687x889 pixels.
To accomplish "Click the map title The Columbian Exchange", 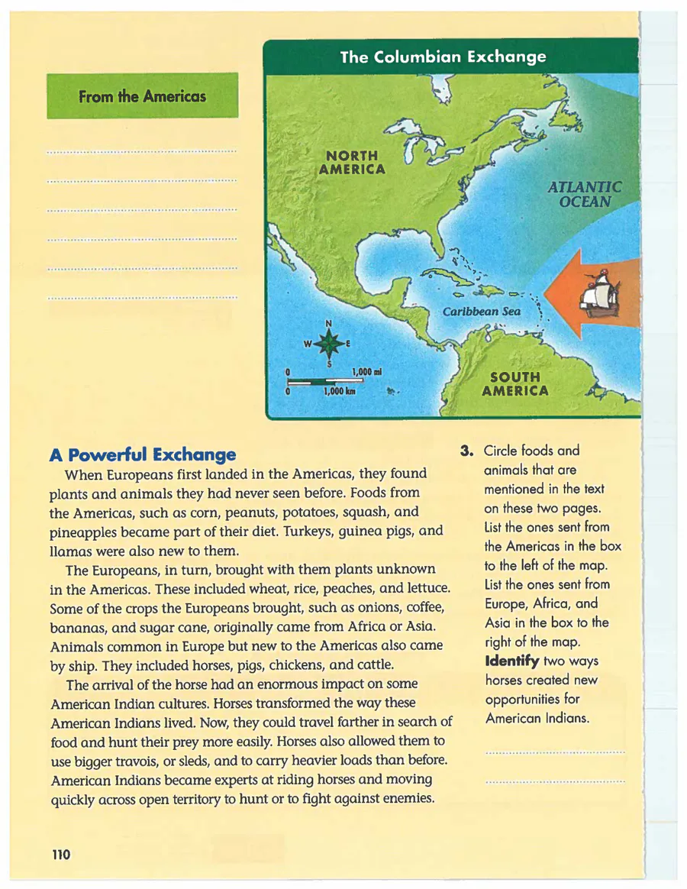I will pyautogui.click(x=443, y=57).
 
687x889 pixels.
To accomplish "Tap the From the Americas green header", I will pyautogui.click(x=142, y=97).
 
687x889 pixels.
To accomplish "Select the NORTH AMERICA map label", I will pyautogui.click(x=352, y=163).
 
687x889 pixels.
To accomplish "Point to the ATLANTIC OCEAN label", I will pyautogui.click(x=585, y=195).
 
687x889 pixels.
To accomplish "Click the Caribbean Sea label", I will pyautogui.click(x=482, y=312).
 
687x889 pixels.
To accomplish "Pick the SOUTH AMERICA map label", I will pyautogui.click(x=515, y=384).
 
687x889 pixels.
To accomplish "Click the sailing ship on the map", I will pyautogui.click(x=602, y=294).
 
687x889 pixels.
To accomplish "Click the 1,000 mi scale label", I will pyautogui.click(x=366, y=372).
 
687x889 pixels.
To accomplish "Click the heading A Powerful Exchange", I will pyautogui.click(x=142, y=456).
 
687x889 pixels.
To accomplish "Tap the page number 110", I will pyautogui.click(x=61, y=855).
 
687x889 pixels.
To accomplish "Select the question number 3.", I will pyautogui.click(x=466, y=451).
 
